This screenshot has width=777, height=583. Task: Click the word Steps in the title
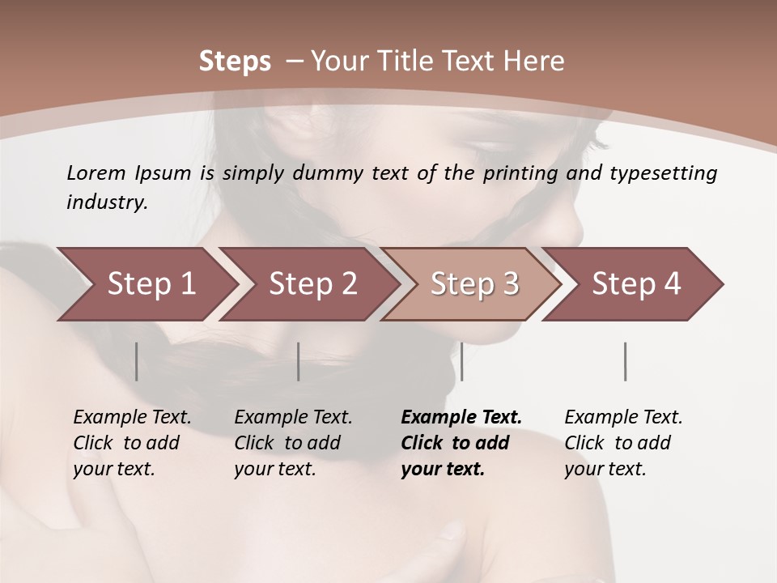coord(235,62)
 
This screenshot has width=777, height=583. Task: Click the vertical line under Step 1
coord(137,361)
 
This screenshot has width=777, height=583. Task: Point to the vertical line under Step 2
coord(299,361)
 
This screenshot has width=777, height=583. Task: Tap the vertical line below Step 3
coord(461,361)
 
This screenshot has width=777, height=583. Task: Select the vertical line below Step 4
coord(625,361)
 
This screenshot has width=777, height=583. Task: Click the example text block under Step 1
coord(132,443)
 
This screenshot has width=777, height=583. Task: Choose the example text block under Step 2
coord(293,443)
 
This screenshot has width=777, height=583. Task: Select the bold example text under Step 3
coord(461,443)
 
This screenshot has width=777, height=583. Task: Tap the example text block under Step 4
coord(623,443)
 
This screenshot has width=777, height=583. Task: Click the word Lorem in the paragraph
coord(96,172)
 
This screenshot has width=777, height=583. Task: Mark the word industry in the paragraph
coord(106,202)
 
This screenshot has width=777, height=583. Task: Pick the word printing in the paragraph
coord(520,172)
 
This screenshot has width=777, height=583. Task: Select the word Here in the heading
coord(533,62)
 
